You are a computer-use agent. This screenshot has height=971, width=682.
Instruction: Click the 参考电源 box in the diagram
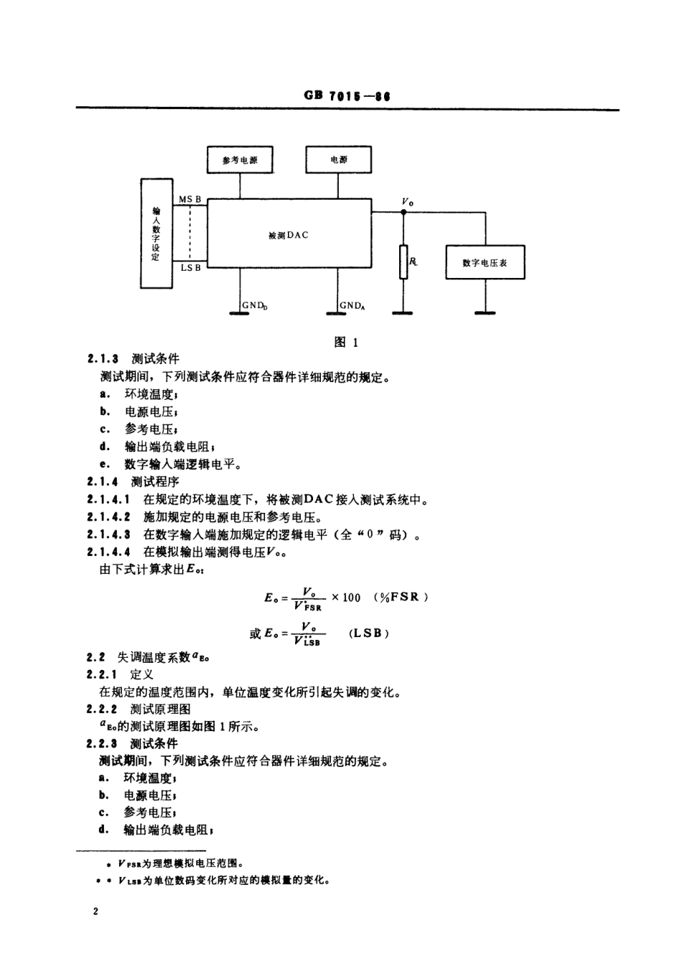coord(240,159)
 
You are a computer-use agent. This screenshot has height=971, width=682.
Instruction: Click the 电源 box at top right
coord(339,159)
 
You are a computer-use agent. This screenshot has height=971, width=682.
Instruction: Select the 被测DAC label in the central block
coord(288,236)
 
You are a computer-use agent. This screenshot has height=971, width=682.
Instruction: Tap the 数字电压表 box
coord(485,263)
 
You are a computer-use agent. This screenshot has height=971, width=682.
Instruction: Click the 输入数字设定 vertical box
coord(156,233)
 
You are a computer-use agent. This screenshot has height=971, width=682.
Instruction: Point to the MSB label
coord(190,199)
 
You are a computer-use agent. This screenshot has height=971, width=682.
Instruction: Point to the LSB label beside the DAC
coord(190,268)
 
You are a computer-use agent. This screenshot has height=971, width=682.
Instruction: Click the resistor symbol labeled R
coord(403,261)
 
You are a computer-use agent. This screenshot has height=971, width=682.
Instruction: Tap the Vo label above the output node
coord(407,203)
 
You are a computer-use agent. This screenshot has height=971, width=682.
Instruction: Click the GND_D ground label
coord(255,305)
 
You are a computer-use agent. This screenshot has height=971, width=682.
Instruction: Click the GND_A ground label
coord(352,305)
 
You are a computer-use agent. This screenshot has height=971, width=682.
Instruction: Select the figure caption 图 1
coord(346,342)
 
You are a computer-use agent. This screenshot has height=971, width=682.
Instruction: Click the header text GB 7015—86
coord(347,96)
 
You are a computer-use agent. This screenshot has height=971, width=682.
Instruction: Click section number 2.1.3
coord(103,358)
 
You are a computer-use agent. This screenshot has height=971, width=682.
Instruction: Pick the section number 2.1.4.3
coord(108,534)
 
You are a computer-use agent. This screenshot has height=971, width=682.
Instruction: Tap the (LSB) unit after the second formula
coord(369,633)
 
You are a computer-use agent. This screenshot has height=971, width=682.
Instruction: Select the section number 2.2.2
coord(103,709)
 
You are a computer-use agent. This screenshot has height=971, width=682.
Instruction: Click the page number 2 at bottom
coord(95,912)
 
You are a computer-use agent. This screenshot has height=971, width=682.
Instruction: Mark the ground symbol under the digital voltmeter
coord(485,312)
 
